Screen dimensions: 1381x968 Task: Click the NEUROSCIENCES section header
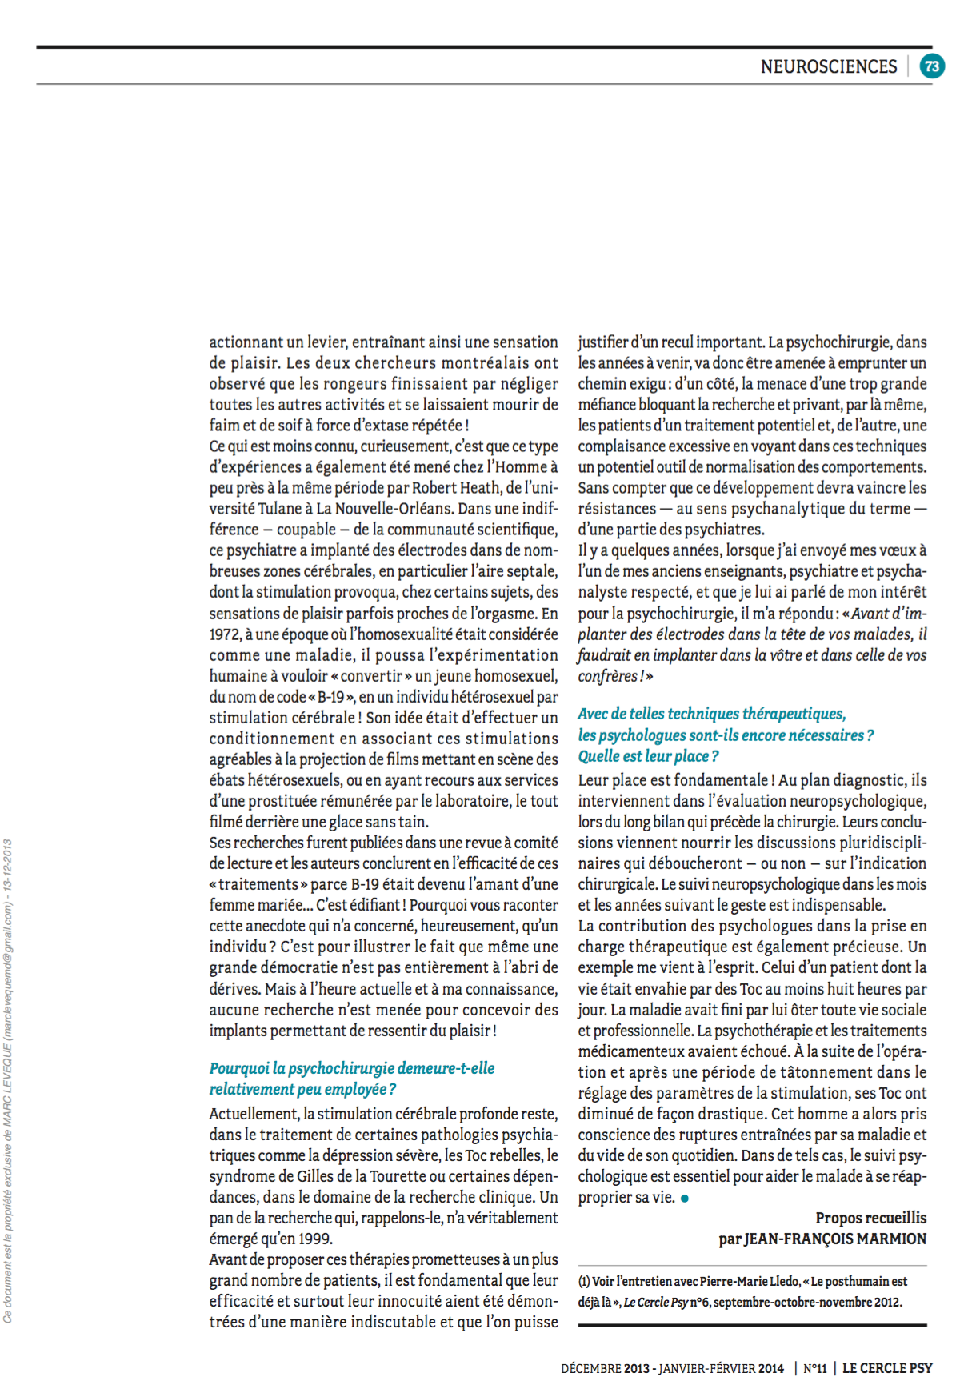coord(828,66)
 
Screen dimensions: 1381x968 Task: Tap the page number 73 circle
coord(931,66)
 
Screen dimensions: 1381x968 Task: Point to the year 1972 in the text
coord(225,634)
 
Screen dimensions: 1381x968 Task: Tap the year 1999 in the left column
coord(315,1239)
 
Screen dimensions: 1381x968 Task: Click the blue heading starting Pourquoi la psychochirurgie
coord(352,1068)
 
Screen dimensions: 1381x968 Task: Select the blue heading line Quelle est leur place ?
coord(648,756)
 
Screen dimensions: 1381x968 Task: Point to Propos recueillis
coord(870,1218)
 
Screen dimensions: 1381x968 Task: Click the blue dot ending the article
coord(685,1199)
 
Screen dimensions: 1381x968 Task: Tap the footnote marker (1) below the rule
coord(584,1281)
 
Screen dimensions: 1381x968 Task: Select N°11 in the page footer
coord(814,1368)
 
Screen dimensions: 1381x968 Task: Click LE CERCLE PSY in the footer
coord(886,1368)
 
